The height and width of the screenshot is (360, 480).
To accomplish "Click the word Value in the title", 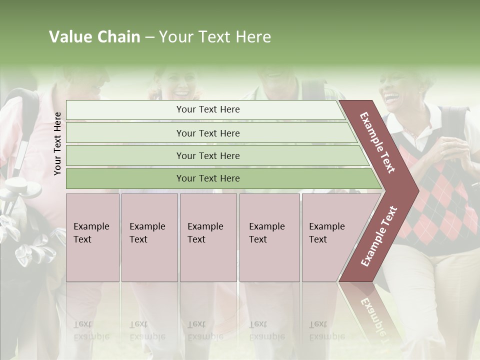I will pos(69,37).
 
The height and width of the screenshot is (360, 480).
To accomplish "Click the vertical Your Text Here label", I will pos(58,143).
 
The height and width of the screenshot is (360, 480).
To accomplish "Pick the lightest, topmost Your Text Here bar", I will pos(207,109).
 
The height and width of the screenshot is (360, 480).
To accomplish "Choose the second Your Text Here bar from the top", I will pos(207,133).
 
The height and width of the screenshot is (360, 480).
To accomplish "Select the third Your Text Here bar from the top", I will pos(207,155).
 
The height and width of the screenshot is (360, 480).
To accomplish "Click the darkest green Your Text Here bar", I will pos(207,178).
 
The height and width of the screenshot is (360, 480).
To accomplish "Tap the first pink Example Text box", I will pos(92,237).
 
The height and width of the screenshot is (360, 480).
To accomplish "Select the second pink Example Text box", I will pos(149,237).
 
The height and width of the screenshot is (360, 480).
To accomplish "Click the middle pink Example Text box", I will pos(208,237).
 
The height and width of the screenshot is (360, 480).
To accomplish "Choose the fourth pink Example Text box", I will pos(269,237).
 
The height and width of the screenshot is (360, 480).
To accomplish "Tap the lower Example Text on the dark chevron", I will pos(378,236).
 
